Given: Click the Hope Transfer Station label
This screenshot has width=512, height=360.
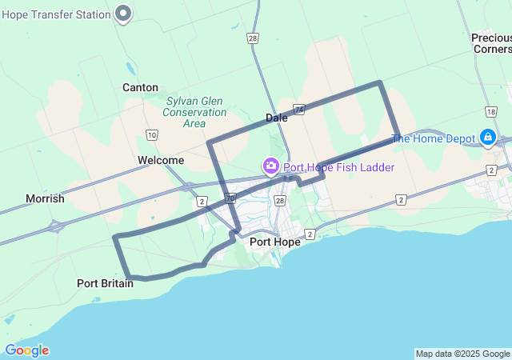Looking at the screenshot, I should tap(56, 13).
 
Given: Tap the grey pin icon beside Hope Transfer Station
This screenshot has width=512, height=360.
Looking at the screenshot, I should tap(123, 13).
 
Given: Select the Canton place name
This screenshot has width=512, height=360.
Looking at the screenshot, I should tap(140, 87).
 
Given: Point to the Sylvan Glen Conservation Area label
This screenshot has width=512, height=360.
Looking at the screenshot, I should tap(194, 112).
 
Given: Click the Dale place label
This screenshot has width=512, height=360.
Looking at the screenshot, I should tap(277, 118).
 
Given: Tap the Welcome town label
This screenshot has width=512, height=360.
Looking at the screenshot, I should tap(161, 160).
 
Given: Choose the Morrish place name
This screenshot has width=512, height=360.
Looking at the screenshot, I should tap(45, 198).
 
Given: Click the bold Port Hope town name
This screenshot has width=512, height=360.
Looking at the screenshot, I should tap(275, 242).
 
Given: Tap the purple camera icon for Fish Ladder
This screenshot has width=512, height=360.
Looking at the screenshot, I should tap(271, 166).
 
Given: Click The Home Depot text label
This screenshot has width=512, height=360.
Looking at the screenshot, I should tap(433, 138).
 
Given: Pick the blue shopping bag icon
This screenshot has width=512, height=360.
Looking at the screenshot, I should tap(487, 138).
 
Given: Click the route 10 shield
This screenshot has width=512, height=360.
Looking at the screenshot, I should tap(152, 135).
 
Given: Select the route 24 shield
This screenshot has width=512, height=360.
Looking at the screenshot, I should tap(299, 108).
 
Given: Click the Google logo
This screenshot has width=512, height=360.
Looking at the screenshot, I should tap(26, 350).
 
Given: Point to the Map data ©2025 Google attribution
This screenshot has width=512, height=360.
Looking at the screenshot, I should tap(462, 354).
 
